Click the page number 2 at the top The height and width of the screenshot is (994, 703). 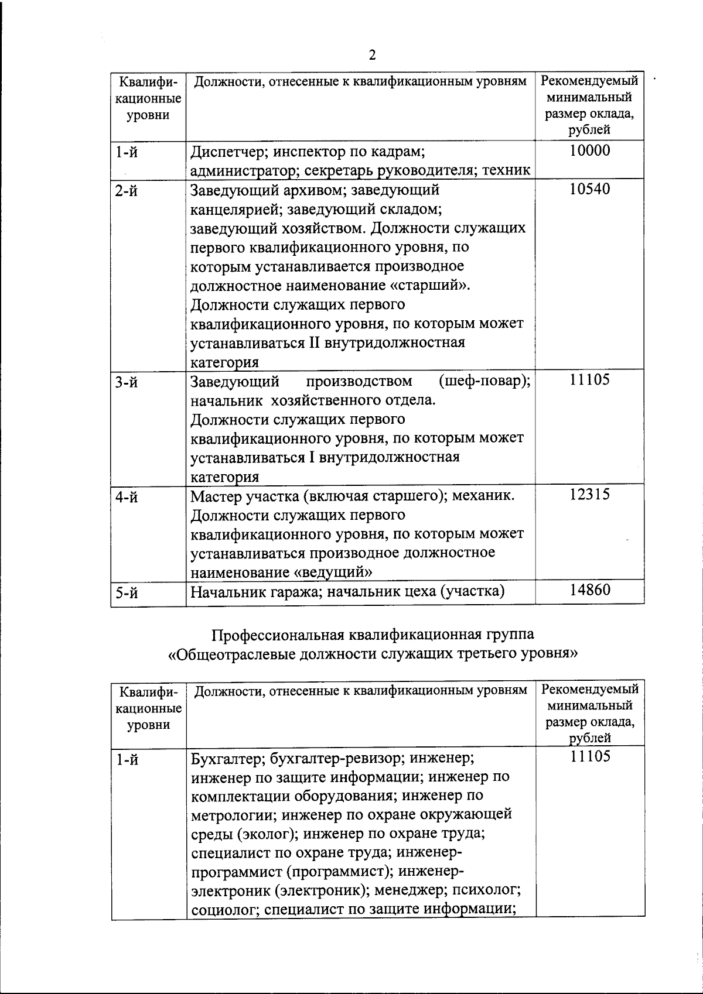pos(373,56)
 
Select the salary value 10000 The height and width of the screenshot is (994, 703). pos(589,150)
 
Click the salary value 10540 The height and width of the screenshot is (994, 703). pos(589,188)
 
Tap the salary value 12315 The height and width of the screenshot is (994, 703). pos(589,494)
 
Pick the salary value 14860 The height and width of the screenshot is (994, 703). pos(589,589)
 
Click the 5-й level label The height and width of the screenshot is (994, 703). pos(127,594)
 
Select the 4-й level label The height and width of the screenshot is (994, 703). pos(127,498)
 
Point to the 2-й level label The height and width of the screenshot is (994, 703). pos(127,191)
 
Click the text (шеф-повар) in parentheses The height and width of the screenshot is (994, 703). pos(484,382)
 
